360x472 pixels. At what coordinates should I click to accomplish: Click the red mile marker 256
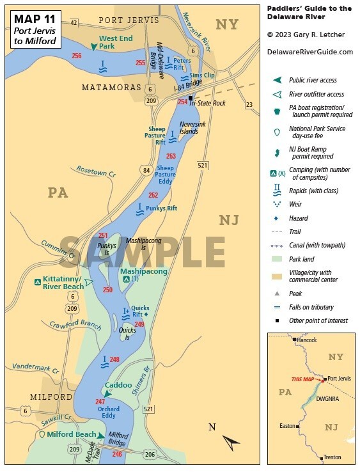click(x=77, y=56)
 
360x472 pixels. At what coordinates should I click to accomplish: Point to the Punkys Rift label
click(x=160, y=208)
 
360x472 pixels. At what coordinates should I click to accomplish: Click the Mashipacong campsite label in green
click(x=144, y=271)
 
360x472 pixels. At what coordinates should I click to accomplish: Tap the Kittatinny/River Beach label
click(x=61, y=283)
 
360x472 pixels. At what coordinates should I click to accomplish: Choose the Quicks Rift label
click(x=140, y=308)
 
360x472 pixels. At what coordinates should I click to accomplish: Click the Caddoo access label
click(x=118, y=386)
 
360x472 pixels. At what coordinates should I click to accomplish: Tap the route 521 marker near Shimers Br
click(x=149, y=409)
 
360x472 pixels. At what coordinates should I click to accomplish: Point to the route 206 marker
click(x=149, y=454)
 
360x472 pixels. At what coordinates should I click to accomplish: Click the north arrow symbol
click(x=231, y=441)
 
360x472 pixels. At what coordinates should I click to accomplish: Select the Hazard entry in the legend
click(x=299, y=218)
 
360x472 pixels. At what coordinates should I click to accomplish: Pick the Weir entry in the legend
click(x=296, y=204)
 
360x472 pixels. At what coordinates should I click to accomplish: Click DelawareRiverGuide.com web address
click(x=309, y=52)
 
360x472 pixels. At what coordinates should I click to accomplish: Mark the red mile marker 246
click(x=117, y=454)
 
